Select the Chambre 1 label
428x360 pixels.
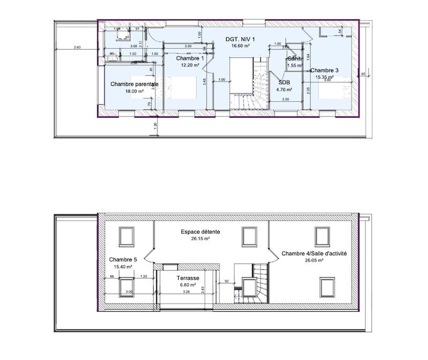[190, 58]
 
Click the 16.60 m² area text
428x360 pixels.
[241, 47]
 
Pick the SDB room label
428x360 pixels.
[284, 82]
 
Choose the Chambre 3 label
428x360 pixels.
[324, 70]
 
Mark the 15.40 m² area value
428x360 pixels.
[123, 266]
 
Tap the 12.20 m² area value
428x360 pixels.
[190, 65]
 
